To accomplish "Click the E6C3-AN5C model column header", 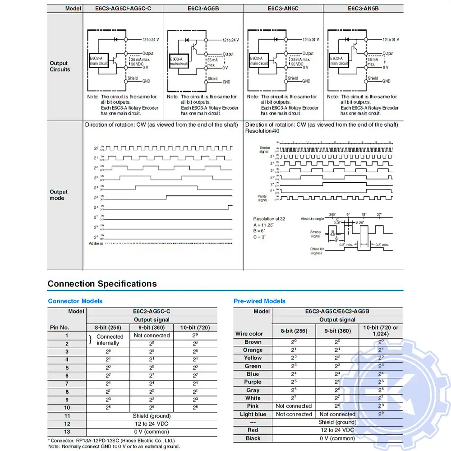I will pos(283,8).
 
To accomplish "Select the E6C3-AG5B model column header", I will pos(203,8).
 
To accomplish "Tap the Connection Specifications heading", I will pos(102,284).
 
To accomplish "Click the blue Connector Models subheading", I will pos(75,301).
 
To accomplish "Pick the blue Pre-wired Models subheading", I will pos(259,301).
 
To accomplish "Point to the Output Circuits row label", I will pos(60,66).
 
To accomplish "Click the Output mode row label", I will pos(59,195).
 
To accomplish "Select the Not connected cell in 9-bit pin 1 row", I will pos(152,336).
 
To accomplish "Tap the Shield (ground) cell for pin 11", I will pos(152,416).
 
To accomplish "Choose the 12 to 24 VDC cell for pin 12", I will pos(152,424).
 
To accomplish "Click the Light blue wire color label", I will pos(253,414).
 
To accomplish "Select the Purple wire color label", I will pos(253,382).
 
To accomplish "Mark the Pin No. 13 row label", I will pos(67,432).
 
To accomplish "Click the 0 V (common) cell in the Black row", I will pos(337,438).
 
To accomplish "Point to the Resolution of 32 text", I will pos(269,219).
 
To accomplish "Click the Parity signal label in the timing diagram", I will pos(262,198).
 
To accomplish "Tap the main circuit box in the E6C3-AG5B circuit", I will pos(179,61).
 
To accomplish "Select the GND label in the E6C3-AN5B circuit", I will pos(386,81).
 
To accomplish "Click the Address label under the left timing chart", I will pos(96,244).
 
